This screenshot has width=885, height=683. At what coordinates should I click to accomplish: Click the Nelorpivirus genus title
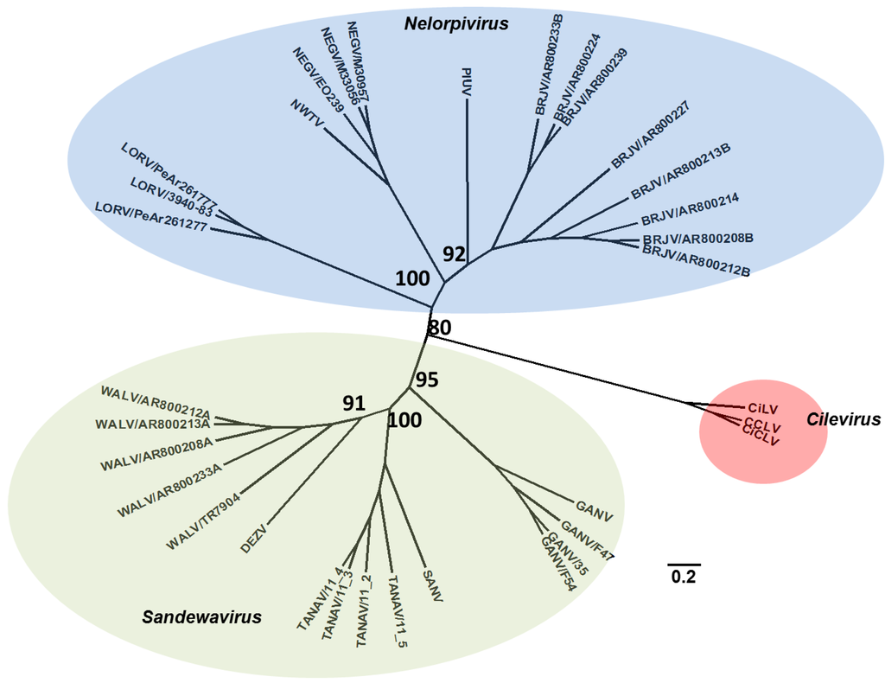455,23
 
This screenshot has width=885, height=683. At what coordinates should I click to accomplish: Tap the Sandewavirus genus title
202,616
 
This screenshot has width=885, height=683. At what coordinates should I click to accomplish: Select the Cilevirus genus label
843,420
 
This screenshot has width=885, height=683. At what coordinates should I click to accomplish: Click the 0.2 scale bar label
683,577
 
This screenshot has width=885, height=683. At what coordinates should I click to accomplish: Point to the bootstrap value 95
427,380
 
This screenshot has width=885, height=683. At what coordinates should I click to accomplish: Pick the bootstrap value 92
455,254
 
